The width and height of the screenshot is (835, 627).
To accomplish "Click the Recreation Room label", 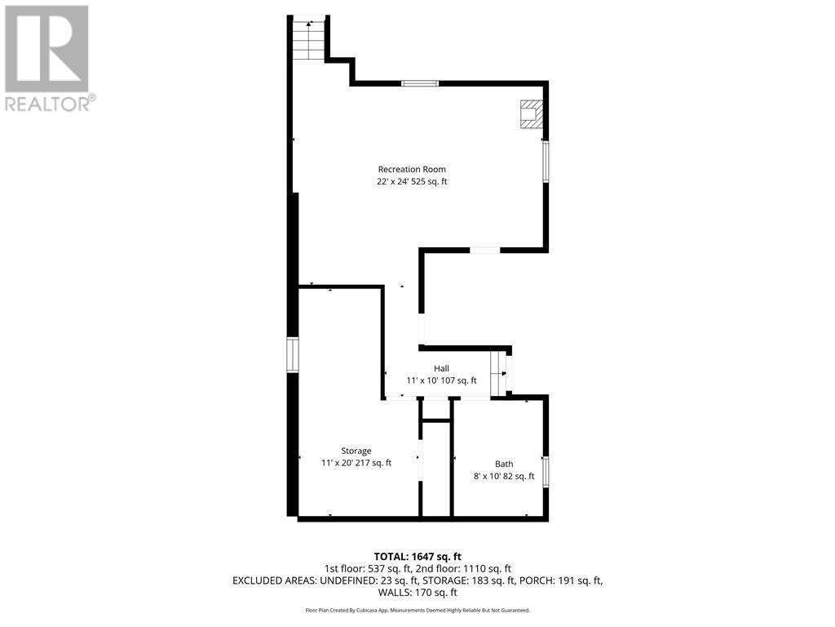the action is click(x=412, y=170).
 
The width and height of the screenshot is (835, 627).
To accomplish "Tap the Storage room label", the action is click(x=356, y=451).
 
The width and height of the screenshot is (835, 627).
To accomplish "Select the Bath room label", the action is click(x=504, y=465).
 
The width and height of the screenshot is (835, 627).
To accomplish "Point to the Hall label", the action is click(x=441, y=368).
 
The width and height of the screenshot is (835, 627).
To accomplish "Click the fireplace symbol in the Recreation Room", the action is click(x=532, y=114).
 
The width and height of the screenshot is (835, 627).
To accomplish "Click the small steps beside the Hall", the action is click(x=500, y=373).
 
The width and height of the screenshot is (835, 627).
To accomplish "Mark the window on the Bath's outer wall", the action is click(x=546, y=471).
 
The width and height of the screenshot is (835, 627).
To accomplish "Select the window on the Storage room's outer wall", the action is click(x=293, y=354).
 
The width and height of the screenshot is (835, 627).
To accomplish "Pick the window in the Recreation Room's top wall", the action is click(x=420, y=83).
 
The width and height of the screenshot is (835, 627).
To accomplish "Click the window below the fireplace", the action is click(x=546, y=162).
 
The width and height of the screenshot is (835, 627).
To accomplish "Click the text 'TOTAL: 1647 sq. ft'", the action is click(x=417, y=558).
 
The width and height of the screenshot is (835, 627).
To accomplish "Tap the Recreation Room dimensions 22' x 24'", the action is click(x=395, y=182).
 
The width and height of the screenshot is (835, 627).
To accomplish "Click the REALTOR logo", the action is click(x=50, y=59).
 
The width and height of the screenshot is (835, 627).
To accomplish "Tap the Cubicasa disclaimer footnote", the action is click(x=417, y=610).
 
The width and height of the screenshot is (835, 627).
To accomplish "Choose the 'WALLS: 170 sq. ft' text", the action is click(x=417, y=593).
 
